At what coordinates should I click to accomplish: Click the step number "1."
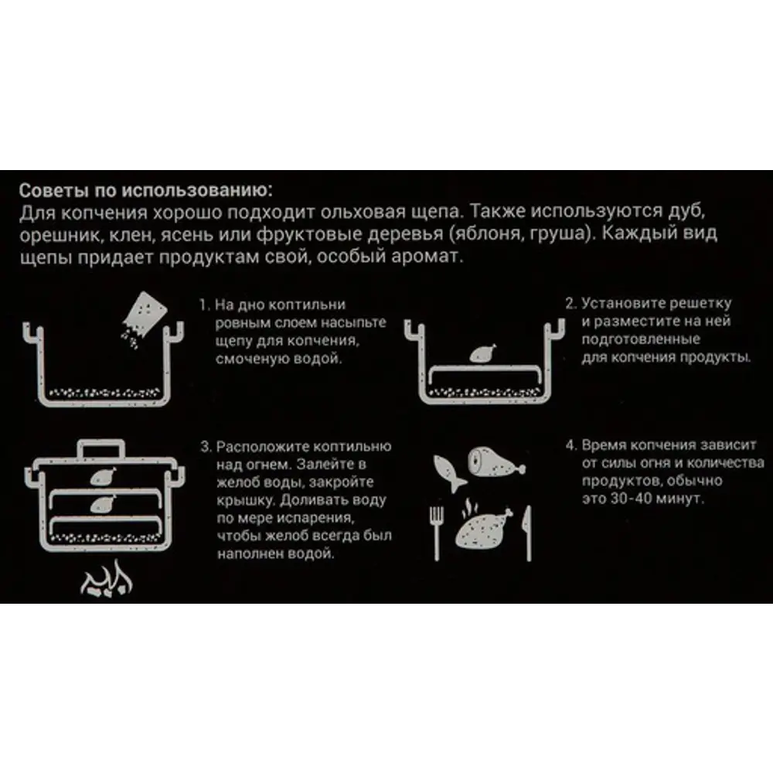(x=205, y=305)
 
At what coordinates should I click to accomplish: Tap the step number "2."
(x=571, y=303)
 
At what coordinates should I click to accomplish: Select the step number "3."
(x=206, y=447)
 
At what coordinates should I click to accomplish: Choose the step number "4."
(x=571, y=445)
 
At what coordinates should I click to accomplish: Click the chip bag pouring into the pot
(x=143, y=315)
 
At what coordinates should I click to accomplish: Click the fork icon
(x=436, y=533)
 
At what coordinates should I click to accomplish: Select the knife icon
(x=527, y=533)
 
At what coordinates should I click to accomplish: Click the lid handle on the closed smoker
(x=101, y=448)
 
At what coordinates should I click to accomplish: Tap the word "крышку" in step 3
(x=246, y=500)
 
